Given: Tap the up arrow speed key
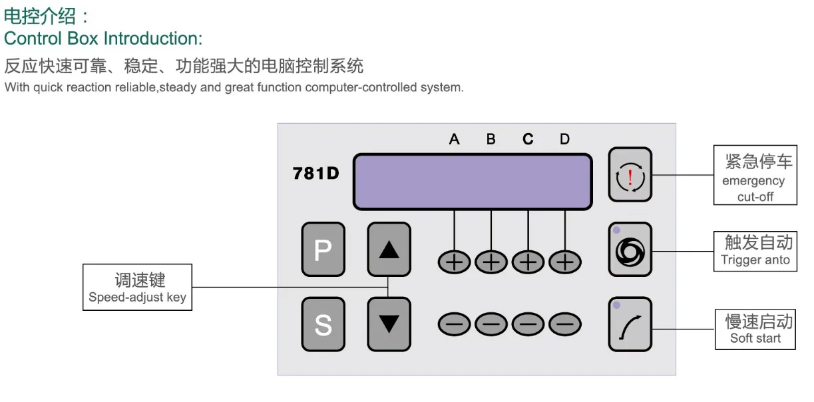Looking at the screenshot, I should (389, 249).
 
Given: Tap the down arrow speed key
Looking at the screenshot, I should (389, 324).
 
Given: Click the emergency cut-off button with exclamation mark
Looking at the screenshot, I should (630, 174).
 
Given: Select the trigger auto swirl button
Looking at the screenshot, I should (630, 250).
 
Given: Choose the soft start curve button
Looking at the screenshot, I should (630, 324).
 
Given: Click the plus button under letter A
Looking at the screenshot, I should (454, 262).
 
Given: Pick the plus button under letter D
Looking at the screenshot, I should (565, 262).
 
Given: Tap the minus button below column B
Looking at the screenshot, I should (491, 324).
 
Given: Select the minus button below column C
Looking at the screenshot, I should (528, 324).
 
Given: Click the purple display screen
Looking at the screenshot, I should (473, 182).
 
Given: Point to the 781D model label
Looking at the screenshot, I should (315, 174).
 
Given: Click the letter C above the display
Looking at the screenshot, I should (528, 139).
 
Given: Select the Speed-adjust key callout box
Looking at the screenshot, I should (137, 287).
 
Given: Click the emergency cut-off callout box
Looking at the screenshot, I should (755, 174).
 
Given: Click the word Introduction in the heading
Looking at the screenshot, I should (153, 38).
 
